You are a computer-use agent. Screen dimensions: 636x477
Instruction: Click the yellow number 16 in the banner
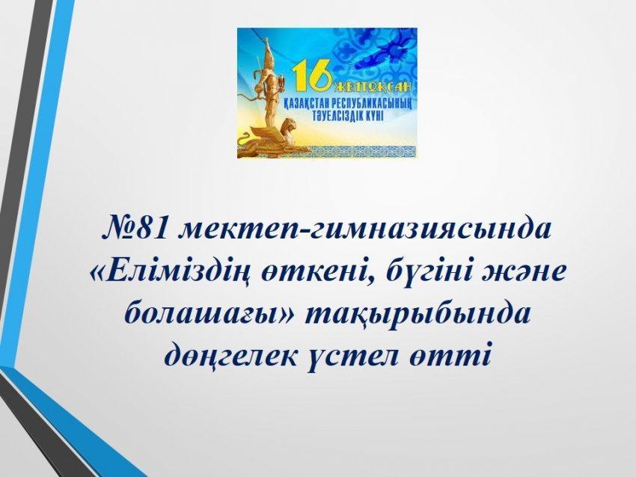pyautogui.click(x=312, y=76)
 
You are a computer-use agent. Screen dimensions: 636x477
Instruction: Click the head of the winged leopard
pyautogui.click(x=290, y=124)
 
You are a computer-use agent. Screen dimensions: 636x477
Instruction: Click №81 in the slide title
pyautogui.click(x=133, y=230)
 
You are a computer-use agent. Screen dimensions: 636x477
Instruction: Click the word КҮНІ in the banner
pyautogui.click(x=375, y=115)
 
